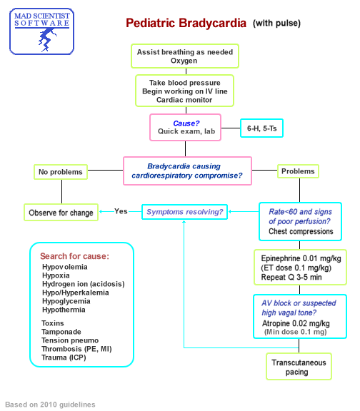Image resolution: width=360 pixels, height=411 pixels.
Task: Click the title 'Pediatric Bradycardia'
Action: tap(185, 23)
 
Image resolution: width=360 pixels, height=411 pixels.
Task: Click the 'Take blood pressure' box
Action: tap(184, 91)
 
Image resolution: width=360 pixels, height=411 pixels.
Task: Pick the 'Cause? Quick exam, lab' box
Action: tap(185, 127)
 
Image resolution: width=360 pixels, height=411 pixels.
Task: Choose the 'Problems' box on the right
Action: tap(298, 172)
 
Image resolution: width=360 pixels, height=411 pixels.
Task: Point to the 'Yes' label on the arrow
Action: tap(121, 211)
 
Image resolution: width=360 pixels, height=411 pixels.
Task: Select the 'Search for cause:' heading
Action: tap(75, 255)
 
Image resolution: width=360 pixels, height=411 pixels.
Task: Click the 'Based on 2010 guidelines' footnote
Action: tap(50, 405)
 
